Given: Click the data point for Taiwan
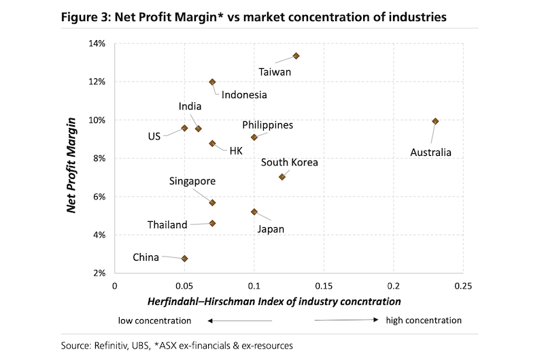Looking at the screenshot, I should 296,56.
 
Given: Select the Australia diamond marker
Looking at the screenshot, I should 435,121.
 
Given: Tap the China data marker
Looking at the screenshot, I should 184,259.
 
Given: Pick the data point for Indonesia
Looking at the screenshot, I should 212,82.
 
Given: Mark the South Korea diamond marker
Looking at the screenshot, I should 282,177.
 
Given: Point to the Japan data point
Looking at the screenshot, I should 254,212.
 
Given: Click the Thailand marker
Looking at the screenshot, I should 212,223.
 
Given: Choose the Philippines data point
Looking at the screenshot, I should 254,137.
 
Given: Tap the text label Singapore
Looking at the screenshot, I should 193,181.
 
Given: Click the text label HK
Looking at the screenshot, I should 236,150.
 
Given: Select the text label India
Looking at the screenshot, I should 190,107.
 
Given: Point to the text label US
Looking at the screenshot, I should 154,136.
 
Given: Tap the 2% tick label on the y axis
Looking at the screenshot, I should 99,274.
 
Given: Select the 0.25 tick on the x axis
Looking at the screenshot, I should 463,285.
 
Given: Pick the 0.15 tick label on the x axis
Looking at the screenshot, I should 324,285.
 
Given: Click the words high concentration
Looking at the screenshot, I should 424,321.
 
